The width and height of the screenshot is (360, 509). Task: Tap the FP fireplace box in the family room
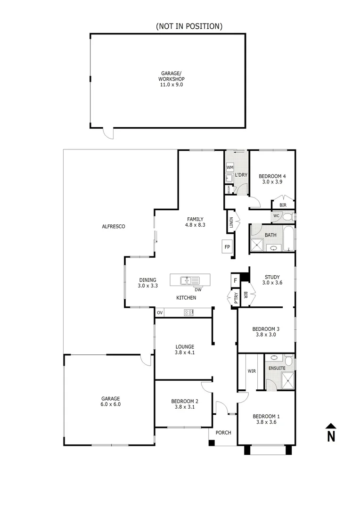(227, 246)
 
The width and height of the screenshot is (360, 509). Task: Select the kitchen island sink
(187, 281)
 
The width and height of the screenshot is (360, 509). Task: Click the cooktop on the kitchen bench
(188, 312)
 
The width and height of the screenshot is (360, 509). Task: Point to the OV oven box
(160, 312)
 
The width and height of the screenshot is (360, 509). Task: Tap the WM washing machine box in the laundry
(230, 167)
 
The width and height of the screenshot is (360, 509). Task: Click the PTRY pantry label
(234, 299)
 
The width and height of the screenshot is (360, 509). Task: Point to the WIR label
(252, 371)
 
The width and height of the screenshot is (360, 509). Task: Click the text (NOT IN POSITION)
(189, 26)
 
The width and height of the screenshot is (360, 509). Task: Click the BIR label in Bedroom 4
(283, 205)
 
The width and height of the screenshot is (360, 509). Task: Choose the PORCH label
(223, 433)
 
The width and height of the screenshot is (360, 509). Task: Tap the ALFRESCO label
(113, 227)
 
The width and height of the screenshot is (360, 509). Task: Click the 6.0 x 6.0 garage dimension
(109, 404)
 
